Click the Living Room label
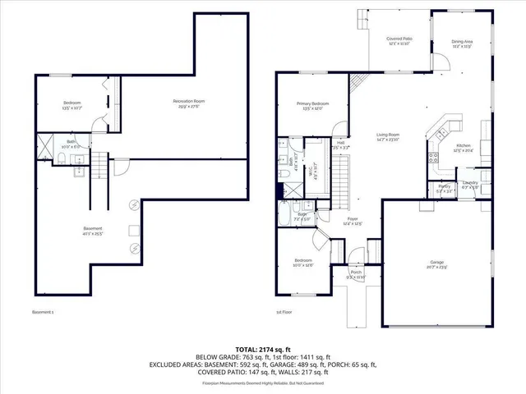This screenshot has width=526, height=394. point(388,136)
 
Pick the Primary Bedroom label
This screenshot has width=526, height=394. point(316,106)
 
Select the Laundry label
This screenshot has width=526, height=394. point(470,184)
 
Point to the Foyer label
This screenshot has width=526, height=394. point(352,222)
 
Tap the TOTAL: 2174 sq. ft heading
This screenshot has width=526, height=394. point(262,350)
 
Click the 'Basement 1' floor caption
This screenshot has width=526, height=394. point(43,312)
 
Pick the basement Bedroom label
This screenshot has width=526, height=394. point(72,105)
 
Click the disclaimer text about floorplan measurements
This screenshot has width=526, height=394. point(262,383)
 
